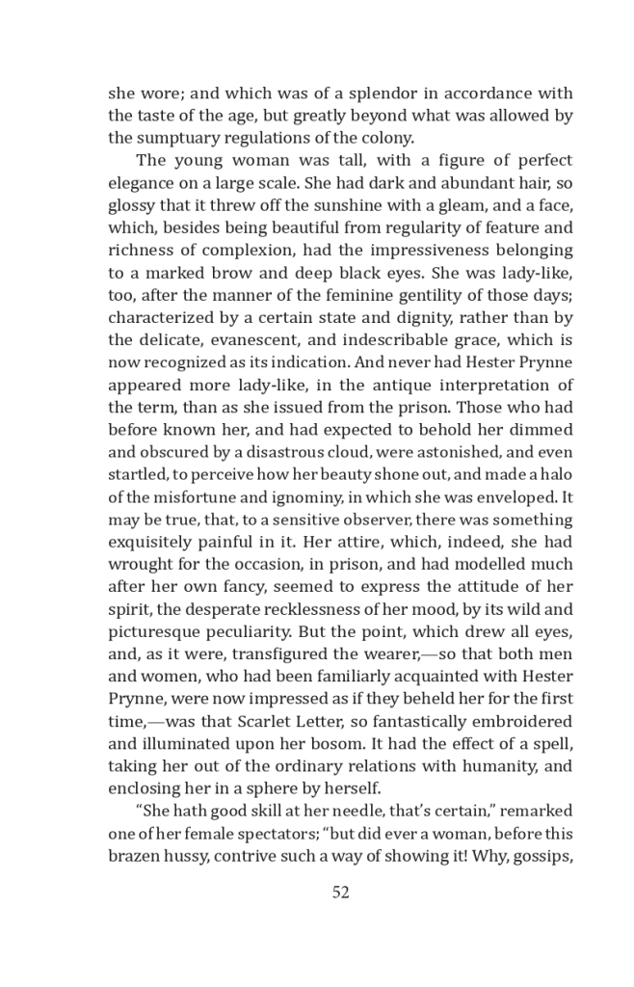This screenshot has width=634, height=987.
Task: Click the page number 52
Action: pyautogui.click(x=340, y=893)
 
